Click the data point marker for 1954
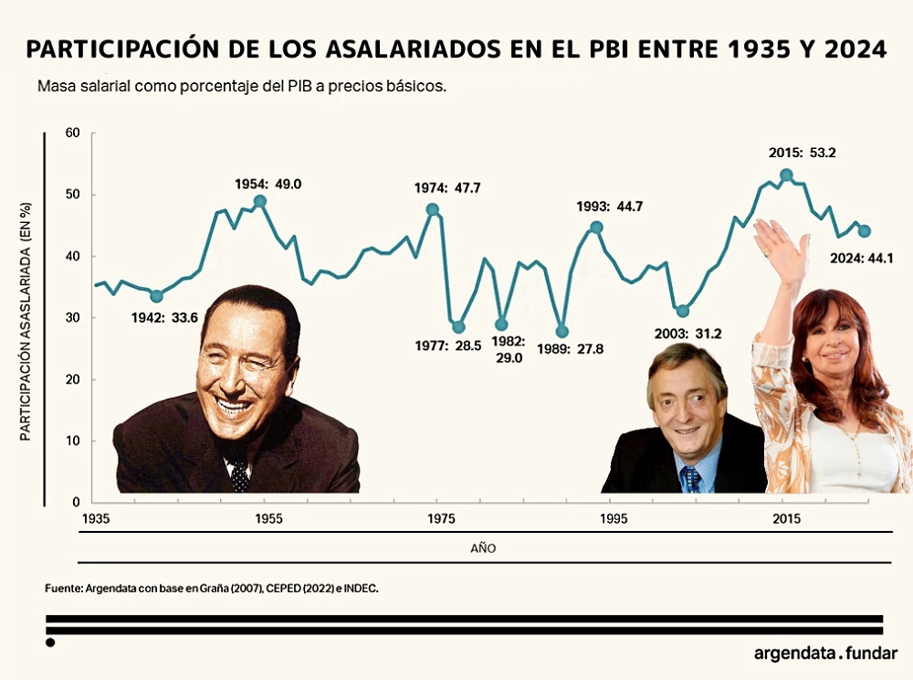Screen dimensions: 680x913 (x=260, y=201)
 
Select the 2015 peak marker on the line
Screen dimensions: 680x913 (x=786, y=175)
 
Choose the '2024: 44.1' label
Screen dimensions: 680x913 (x=860, y=258)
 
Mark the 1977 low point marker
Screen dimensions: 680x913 (x=458, y=327)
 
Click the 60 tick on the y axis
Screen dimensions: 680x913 (x=72, y=133)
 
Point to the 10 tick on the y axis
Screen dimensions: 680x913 (x=73, y=441)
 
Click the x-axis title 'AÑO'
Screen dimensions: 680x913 (x=483, y=549)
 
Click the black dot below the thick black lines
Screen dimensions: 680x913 (x=50, y=643)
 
